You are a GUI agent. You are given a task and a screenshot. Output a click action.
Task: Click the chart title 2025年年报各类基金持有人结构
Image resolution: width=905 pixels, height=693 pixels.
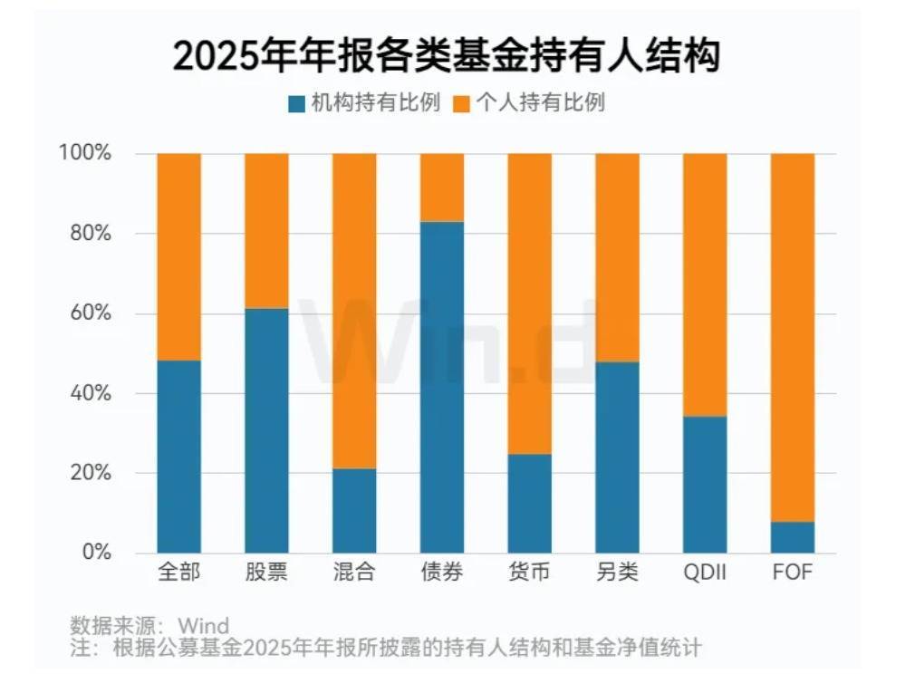pyautogui.click(x=446, y=56)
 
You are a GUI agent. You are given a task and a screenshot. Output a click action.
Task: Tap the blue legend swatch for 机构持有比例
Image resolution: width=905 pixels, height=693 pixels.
pyautogui.click(x=296, y=103)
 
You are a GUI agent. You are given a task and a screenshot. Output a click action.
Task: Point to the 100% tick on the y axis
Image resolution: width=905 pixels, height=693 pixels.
pyautogui.click(x=85, y=153)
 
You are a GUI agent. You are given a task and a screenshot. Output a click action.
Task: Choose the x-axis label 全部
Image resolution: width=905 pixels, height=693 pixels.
pyautogui.click(x=178, y=573)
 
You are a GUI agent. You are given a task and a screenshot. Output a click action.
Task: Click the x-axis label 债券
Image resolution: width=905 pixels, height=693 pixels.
pyautogui.click(x=442, y=573)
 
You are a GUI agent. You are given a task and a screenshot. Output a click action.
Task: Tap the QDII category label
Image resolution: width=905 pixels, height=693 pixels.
pyautogui.click(x=705, y=573)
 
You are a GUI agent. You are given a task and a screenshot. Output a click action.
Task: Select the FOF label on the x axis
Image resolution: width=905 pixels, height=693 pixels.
pyautogui.click(x=792, y=573)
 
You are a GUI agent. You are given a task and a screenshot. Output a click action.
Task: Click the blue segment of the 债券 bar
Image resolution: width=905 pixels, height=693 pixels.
pyautogui.click(x=442, y=387)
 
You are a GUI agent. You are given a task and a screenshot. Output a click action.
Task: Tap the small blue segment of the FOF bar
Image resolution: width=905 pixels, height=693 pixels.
pyautogui.click(x=793, y=537)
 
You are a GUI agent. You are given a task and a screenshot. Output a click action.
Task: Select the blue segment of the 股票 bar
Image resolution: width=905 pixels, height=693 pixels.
pyautogui.click(x=266, y=430)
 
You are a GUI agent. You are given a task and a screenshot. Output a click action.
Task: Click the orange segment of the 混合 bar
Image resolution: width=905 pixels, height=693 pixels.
pyautogui.click(x=354, y=311)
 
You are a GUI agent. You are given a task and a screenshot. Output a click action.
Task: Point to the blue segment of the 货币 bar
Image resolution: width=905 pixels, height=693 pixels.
pyautogui.click(x=530, y=503)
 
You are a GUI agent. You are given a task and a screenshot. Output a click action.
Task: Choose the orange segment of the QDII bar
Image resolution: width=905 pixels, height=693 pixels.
pyautogui.click(x=705, y=284)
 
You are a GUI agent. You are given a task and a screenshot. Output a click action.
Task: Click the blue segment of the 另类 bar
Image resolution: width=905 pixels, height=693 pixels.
pyautogui.click(x=617, y=457)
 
